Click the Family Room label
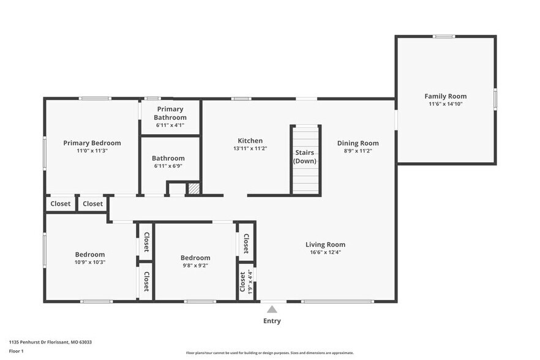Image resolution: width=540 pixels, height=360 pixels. [445, 96]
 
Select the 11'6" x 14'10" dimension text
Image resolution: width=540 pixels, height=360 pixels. [445, 104]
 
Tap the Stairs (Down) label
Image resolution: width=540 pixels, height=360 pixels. [305, 157]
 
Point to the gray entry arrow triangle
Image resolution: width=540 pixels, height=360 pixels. [272, 309]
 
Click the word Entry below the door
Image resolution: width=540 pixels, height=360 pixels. [272, 321]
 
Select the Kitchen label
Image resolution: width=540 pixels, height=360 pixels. [250, 140]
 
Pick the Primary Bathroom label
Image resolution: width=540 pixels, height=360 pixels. [170, 113]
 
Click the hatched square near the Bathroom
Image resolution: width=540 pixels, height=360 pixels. [193, 189]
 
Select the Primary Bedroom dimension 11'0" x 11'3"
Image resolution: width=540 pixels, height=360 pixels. [92, 151]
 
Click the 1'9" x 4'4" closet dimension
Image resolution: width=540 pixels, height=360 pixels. [250, 282]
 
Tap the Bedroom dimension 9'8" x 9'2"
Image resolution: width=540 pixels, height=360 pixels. [195, 266]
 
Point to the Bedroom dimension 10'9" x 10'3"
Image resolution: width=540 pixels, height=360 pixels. [90, 263]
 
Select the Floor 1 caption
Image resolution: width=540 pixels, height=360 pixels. [16, 351]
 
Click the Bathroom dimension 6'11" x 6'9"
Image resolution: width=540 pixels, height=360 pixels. [168, 166]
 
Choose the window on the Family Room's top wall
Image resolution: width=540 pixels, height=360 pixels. [444, 37]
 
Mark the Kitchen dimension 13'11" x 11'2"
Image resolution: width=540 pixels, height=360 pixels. [250, 148]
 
